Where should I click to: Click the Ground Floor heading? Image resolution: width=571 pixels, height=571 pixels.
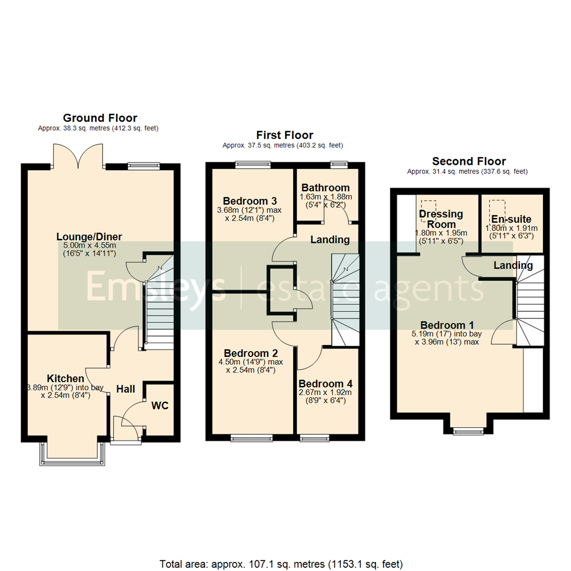(100, 118)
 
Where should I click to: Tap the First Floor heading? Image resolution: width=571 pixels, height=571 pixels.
(284, 135)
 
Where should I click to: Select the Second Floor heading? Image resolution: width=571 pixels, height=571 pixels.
(469, 161)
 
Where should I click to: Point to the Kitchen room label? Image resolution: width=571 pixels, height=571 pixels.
(66, 379)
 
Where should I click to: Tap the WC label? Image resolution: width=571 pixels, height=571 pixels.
(160, 406)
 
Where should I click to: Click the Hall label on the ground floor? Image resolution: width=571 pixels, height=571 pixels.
(126, 389)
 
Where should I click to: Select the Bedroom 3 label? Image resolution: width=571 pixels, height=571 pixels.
(250, 201)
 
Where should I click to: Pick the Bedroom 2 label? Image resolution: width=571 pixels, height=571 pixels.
(251, 353)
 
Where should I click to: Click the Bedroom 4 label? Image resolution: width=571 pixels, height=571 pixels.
(325, 383)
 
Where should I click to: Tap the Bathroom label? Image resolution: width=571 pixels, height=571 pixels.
(325, 188)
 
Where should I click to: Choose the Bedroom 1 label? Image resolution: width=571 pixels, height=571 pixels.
(447, 325)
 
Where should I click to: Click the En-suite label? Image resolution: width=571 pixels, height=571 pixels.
(511, 219)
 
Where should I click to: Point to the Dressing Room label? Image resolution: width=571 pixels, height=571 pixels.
(440, 219)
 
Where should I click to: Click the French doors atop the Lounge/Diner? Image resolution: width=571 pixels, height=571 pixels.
(78, 155)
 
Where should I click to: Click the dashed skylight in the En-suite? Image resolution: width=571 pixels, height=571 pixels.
(496, 207)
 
